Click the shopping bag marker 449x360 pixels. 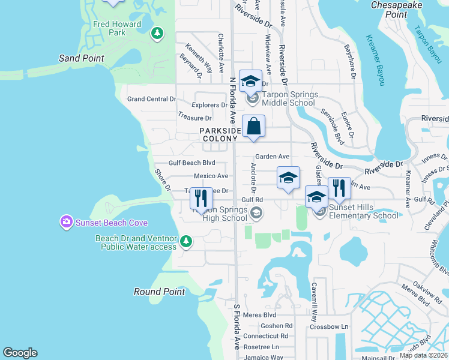(x=254, y=127)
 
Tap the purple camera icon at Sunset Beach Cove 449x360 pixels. (x=66, y=223)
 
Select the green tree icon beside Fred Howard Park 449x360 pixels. (x=157, y=33)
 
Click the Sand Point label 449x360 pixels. (x=82, y=58)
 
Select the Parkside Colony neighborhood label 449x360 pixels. (x=220, y=134)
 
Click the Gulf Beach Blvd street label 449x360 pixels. (x=192, y=163)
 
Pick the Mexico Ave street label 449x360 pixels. (x=211, y=176)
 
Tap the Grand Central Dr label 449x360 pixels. (x=152, y=98)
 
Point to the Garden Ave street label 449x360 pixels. (x=273, y=156)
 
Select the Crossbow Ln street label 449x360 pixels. (x=329, y=326)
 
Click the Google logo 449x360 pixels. (x=20, y=353)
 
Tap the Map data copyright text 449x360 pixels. (x=424, y=355)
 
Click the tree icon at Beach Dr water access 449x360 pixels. (x=186, y=242)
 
